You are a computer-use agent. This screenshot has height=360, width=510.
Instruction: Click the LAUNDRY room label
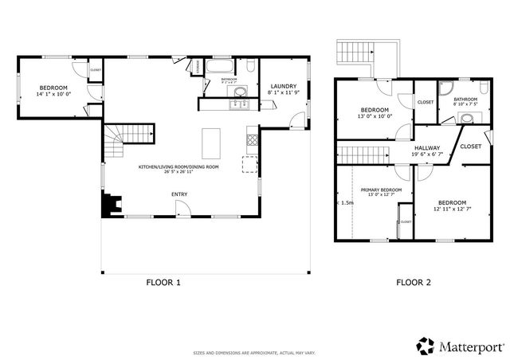coord(284,86)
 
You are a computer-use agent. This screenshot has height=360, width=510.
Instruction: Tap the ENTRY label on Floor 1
coord(179,194)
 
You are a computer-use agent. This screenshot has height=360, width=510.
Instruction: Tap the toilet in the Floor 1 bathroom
coord(250,66)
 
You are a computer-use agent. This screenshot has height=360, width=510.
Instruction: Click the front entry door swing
coord(183,209)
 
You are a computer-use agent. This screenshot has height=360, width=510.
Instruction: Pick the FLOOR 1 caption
coord(163,282)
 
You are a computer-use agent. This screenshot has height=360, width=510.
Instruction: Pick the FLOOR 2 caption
coord(414,282)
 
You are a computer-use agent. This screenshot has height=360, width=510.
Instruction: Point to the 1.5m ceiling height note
coord(346,202)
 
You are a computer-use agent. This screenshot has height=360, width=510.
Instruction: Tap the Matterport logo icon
coord(424,345)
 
